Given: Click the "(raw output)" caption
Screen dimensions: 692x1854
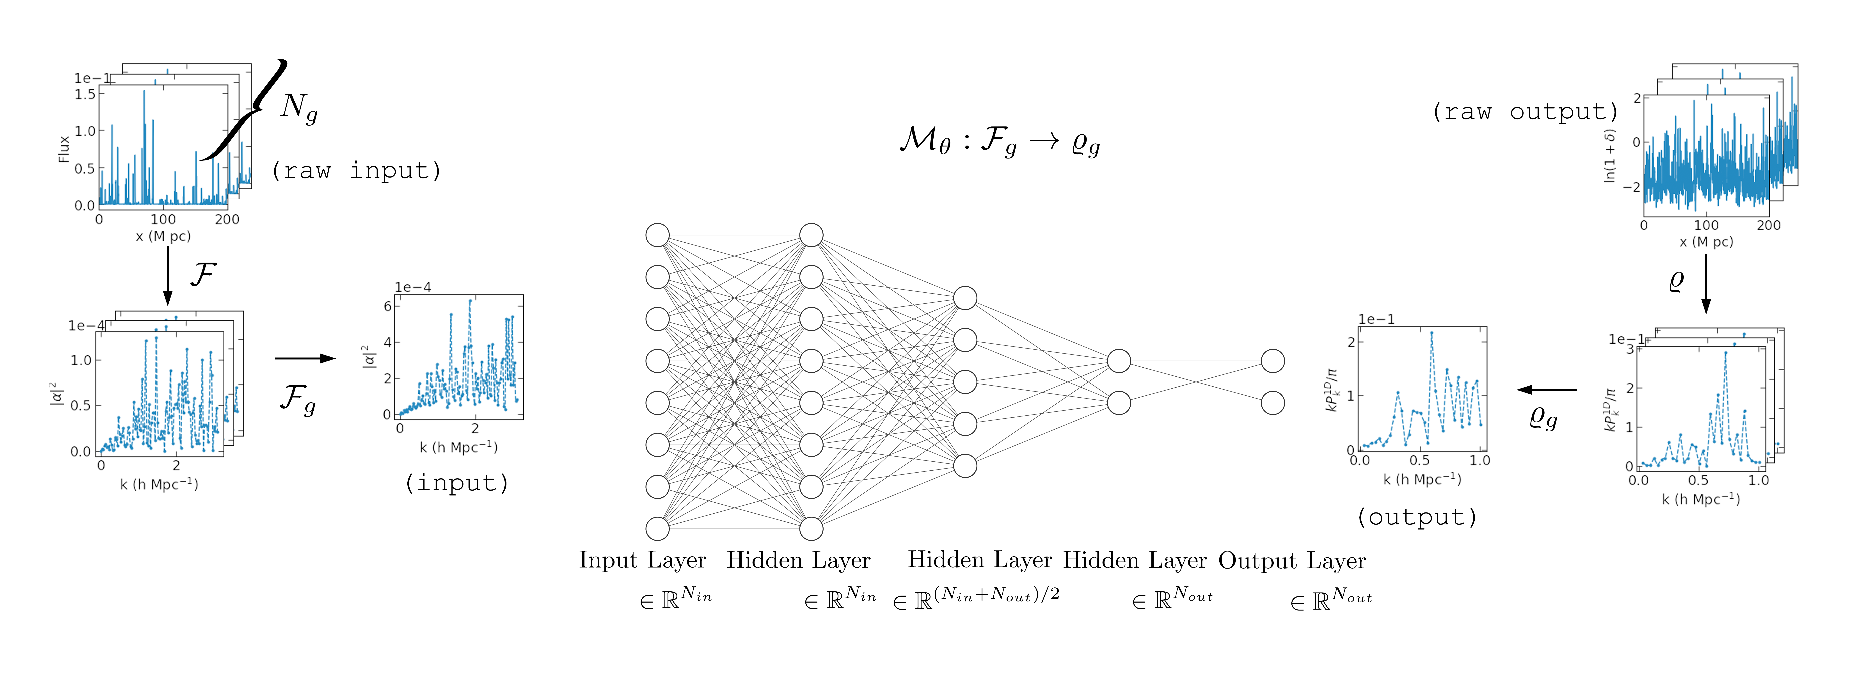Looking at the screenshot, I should [x=1524, y=112].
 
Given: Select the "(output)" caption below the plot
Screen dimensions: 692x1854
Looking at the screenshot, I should [x=1416, y=517].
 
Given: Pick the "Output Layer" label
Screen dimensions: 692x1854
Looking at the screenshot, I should [x=1292, y=560].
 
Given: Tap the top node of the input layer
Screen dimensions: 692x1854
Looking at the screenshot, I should [x=657, y=235].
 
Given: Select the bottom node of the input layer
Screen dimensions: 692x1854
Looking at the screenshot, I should [x=657, y=528].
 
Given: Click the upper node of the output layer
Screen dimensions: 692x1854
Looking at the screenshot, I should [x=1272, y=361].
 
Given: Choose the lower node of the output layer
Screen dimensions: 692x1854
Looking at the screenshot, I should [x=1272, y=402].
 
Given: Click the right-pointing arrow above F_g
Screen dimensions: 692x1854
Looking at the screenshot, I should [x=305, y=358].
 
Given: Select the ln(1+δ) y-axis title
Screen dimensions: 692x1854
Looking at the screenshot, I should [x=1610, y=156].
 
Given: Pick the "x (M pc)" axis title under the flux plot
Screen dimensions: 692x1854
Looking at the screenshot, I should [x=163, y=236].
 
